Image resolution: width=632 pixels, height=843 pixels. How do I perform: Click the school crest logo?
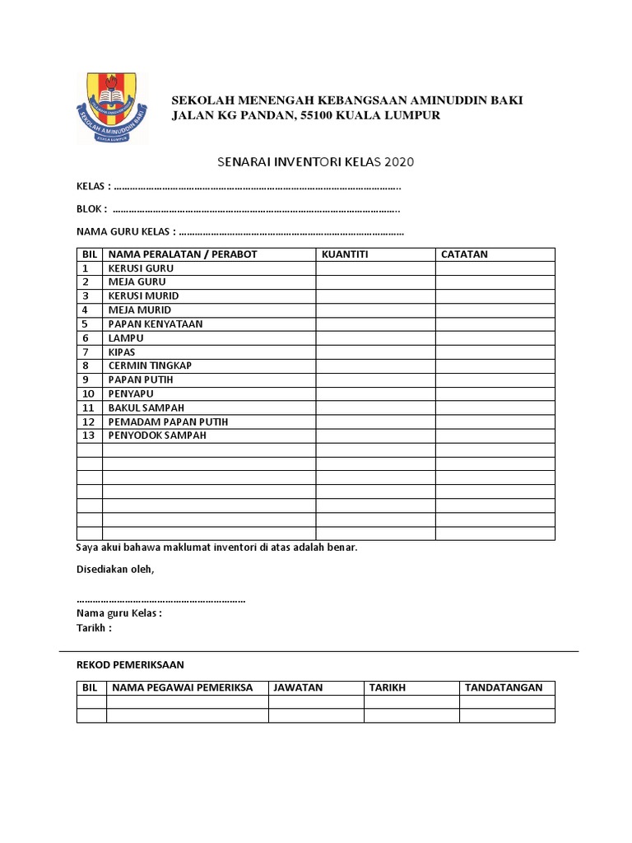[x=112, y=108]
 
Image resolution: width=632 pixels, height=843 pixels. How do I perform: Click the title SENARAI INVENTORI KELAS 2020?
[x=315, y=161]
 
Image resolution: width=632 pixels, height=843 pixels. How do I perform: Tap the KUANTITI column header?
[x=345, y=254]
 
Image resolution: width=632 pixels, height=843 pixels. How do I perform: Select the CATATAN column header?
[x=464, y=254]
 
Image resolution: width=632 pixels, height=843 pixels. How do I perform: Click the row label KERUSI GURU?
[x=141, y=268]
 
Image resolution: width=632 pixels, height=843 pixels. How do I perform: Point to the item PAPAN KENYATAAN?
[x=156, y=324]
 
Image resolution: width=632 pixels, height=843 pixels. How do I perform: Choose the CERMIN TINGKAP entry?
[x=150, y=366]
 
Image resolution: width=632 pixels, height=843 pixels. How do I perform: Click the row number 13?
[x=89, y=435]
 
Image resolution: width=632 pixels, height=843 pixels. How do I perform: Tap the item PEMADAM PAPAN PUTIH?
[x=168, y=421]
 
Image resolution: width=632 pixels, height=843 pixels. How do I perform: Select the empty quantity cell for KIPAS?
[x=375, y=352]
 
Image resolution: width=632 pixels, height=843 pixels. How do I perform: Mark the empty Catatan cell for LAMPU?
[x=495, y=338]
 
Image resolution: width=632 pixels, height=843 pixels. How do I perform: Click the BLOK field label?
[x=92, y=209]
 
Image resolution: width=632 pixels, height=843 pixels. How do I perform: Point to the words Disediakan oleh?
[x=115, y=570]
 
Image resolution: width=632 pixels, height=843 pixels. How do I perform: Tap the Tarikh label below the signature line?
[x=94, y=628]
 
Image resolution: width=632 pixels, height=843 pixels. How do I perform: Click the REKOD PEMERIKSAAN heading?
[x=130, y=664]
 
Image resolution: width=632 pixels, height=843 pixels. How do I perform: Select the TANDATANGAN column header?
[x=504, y=687]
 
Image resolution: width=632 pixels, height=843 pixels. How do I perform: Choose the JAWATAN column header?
[x=298, y=687]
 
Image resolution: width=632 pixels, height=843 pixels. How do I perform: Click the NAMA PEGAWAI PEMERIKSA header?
[x=183, y=687]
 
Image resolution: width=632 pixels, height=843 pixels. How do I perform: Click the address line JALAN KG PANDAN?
[x=305, y=115]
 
